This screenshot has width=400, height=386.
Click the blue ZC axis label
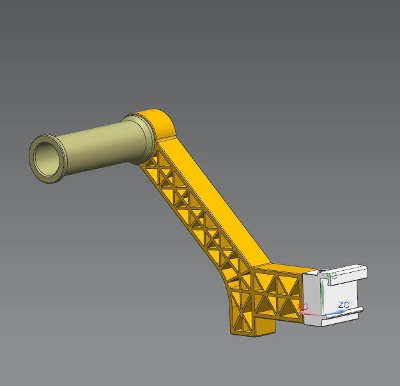pos(344,305)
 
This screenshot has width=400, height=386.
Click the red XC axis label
pos(303,307)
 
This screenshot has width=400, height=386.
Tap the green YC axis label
pos(332,277)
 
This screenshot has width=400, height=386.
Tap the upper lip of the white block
pos(348,273)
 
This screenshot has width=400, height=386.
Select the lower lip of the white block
pos(345,315)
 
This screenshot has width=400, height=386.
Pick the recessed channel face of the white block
pos(342,291)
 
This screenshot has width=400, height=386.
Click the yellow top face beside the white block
pos(291,269)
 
